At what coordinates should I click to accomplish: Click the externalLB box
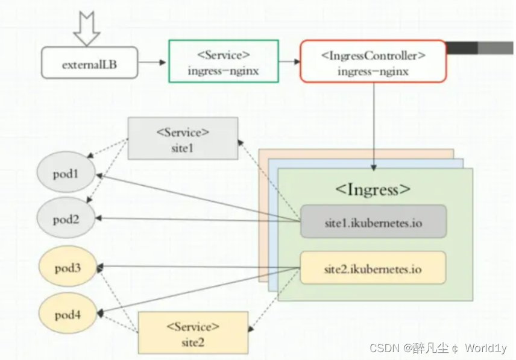coord(89,63)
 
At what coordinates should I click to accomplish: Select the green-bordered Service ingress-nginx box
coord(224,62)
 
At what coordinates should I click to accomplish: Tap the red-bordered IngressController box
coord(373,62)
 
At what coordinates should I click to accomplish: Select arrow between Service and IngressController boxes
coord(289,62)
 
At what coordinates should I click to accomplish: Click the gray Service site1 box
coord(183,139)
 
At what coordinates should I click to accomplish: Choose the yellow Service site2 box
coord(193,333)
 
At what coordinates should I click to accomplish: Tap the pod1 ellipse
coord(66,175)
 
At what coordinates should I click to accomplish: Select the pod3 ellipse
coord(67,267)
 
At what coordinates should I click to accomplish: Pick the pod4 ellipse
coord(67,314)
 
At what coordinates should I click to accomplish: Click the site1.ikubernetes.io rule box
coord(373,222)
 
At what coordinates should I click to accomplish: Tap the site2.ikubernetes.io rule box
coord(373,268)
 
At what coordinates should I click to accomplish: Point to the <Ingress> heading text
coord(373,189)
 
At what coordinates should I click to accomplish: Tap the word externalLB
coord(89,63)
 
